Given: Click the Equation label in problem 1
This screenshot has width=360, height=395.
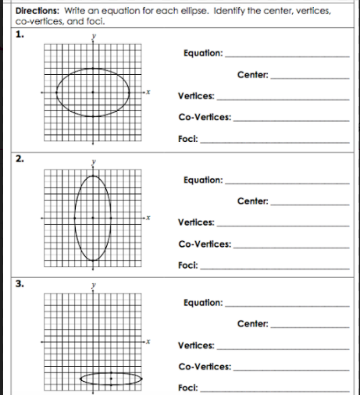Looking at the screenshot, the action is pyautogui.click(x=201, y=54).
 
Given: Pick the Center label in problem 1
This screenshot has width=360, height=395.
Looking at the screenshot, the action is pyautogui.click(x=251, y=75).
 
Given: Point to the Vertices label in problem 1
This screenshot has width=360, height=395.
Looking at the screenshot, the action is pyautogui.click(x=195, y=96).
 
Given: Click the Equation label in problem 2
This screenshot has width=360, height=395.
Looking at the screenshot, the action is pyautogui.click(x=201, y=180).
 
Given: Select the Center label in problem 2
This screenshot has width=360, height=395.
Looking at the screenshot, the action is pyautogui.click(x=251, y=201).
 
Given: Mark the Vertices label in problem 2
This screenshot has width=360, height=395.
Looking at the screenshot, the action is pyautogui.click(x=195, y=222).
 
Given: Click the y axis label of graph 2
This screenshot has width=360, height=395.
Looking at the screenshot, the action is pyautogui.click(x=94, y=162).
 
